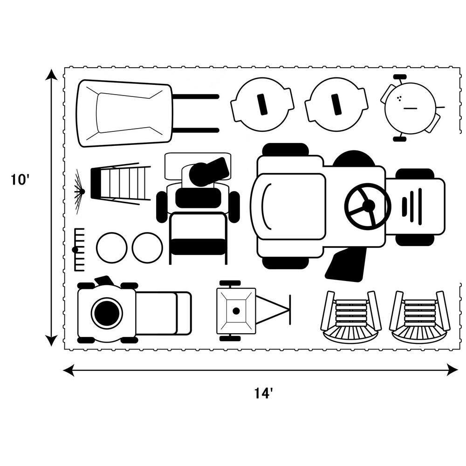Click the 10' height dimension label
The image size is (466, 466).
21,180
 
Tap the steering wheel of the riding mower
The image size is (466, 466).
368,206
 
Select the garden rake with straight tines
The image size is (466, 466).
78,249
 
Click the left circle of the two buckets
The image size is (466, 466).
112,247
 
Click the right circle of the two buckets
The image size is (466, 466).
147,247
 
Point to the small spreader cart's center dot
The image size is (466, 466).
236,311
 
